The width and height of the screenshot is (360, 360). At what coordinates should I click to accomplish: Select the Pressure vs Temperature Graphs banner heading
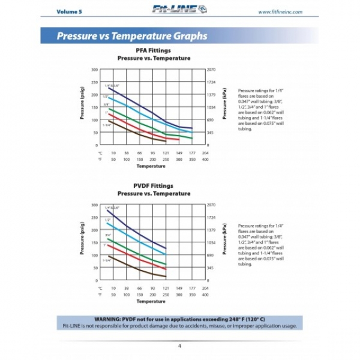coord(132,36)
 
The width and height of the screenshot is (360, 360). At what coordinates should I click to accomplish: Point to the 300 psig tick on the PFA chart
coord(94,70)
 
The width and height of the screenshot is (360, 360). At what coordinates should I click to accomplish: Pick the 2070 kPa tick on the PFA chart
coord(211,70)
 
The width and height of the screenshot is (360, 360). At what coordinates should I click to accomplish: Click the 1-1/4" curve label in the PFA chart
coord(107,125)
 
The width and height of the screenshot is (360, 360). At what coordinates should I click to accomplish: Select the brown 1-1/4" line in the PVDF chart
coord(138,269)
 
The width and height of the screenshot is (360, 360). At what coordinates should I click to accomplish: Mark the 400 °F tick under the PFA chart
coord(205,159)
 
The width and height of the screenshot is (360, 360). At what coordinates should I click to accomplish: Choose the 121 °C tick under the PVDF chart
coord(166,289)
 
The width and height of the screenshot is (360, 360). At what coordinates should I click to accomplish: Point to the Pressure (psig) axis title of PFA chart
coord(82,107)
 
